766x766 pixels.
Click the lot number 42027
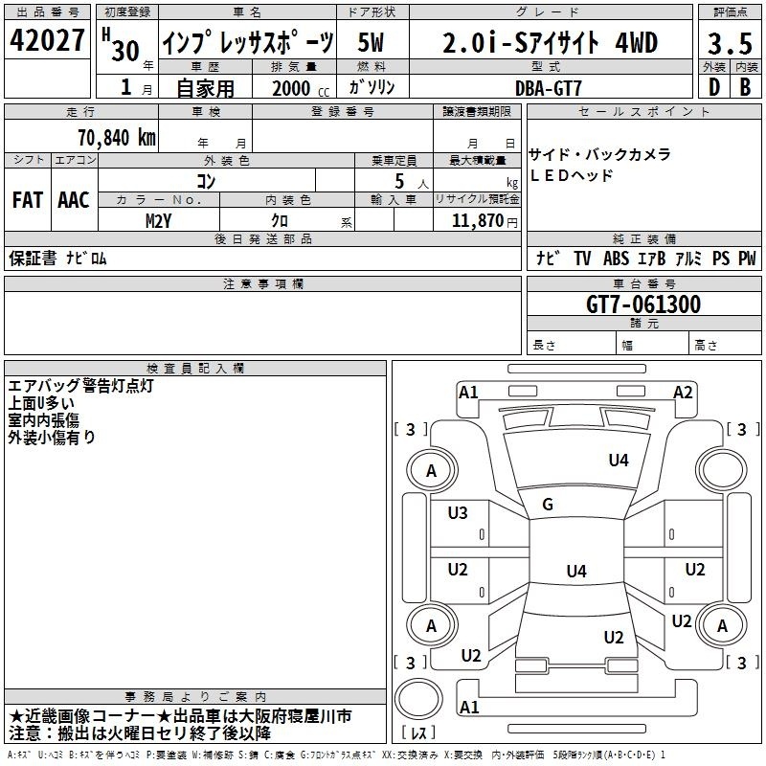47,40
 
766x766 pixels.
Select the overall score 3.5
730,44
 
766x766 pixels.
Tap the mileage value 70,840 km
117,138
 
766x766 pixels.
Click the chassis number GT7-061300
643,304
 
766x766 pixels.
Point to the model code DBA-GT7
549,88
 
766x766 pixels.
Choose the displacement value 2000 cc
301,88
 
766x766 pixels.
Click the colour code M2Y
158,221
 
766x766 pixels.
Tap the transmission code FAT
28,200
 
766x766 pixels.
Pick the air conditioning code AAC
74,200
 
